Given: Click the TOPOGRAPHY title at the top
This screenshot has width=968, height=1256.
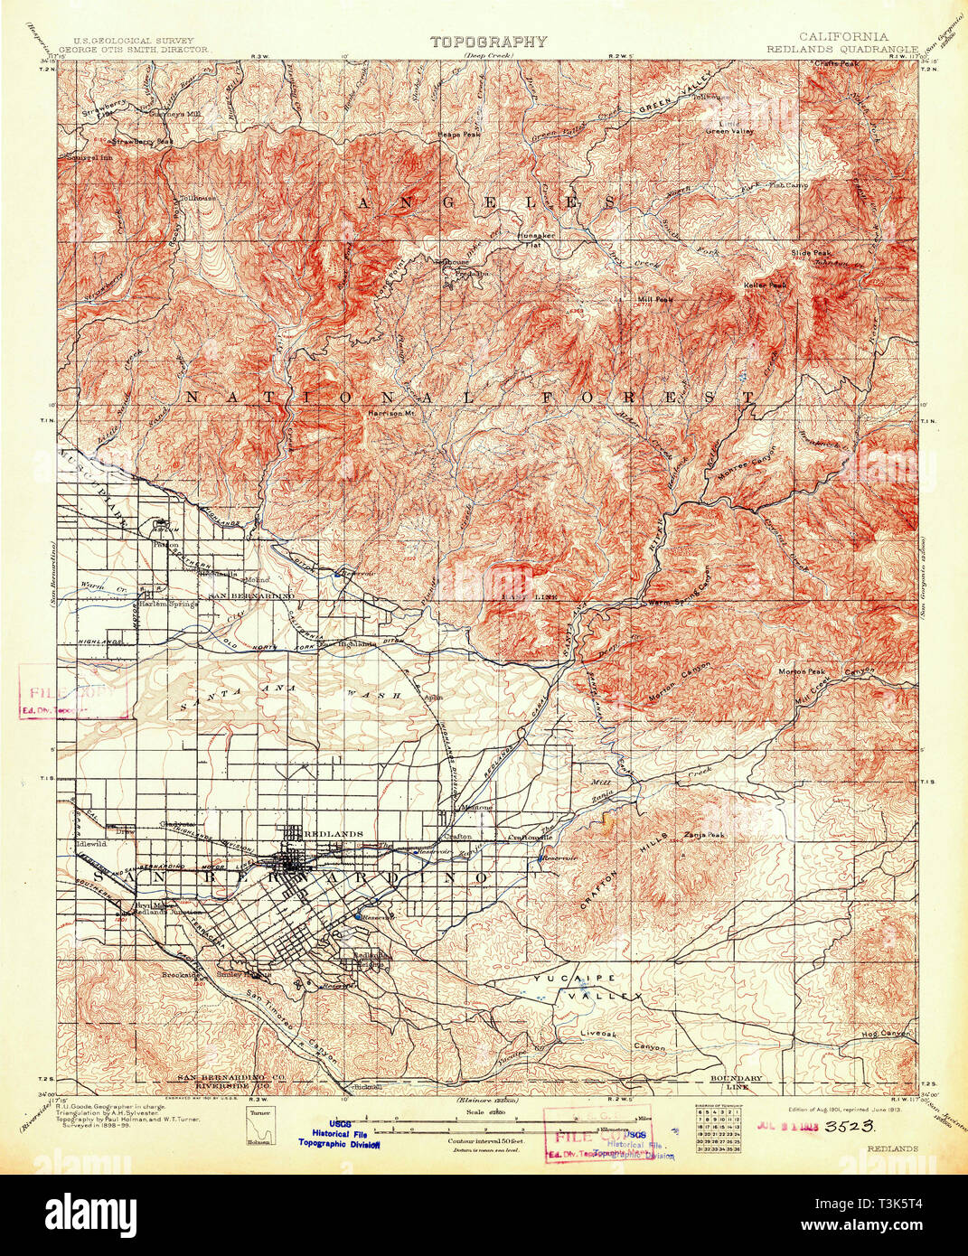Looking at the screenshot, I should click(x=488, y=41).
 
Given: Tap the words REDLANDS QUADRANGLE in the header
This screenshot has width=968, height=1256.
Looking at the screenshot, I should click(x=841, y=50).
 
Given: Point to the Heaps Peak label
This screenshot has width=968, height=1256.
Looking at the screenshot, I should click(x=459, y=134).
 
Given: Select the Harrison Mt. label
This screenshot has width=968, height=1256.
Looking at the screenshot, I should click(x=390, y=414).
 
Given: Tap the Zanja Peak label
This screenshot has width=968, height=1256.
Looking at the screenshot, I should click(x=704, y=835).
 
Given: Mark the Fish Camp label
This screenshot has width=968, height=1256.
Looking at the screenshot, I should click(x=786, y=185).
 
